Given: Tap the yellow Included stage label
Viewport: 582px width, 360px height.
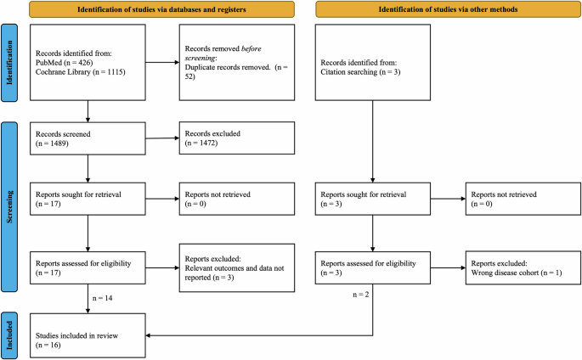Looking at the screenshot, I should [10, 330].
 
